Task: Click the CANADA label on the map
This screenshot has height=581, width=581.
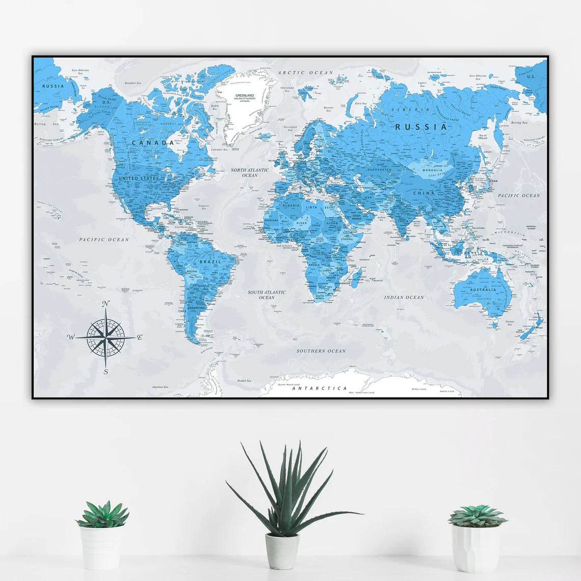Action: tap(153, 143)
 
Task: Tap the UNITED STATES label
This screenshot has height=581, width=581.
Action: tap(138, 178)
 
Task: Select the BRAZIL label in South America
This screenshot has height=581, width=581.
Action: tap(210, 261)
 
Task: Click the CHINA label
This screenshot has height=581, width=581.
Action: tap(424, 193)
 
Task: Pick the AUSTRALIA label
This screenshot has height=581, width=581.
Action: tap(483, 290)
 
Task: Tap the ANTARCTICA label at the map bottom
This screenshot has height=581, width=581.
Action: tap(320, 388)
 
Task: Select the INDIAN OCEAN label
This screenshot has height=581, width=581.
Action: tap(404, 297)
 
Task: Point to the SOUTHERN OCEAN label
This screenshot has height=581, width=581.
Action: tap(321, 351)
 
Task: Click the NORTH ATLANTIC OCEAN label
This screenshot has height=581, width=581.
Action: tap(250, 172)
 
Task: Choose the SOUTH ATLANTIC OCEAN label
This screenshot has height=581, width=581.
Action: tap(267, 295)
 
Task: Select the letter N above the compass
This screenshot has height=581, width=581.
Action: tap(105, 304)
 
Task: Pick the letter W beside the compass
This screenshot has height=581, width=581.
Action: tap(71, 337)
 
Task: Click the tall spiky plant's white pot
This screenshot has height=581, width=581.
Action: tap(282, 550)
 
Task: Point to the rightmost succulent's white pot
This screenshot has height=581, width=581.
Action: tap(476, 548)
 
